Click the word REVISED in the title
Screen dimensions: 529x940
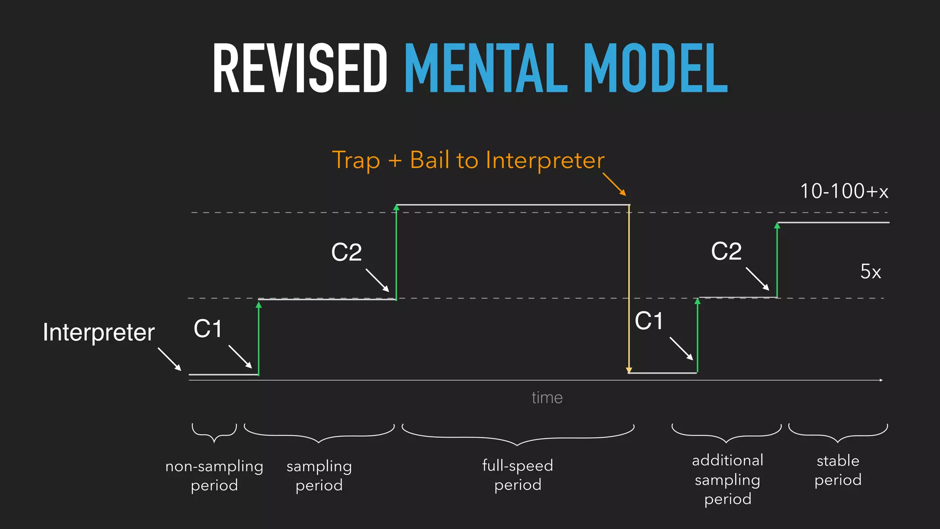pos(300,69)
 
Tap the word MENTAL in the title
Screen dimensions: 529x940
pos(486,69)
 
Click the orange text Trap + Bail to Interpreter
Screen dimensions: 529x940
pos(468,160)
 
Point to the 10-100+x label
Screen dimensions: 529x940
pos(844,191)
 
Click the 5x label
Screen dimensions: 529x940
pos(870,271)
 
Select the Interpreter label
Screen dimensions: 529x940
pos(99,332)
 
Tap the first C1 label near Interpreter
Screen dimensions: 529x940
pos(208,329)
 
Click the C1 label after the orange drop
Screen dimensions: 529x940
pos(649,321)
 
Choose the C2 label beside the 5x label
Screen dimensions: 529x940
pos(726,251)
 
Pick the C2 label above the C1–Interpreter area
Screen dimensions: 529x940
pos(347,252)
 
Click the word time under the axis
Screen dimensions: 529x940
pos(547,398)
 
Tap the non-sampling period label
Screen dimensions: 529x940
pos(214,475)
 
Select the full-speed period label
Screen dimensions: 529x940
pos(518,475)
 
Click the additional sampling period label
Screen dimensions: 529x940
pos(727,479)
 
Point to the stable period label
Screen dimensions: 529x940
pos(838,470)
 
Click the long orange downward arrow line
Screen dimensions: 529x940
pos(629,289)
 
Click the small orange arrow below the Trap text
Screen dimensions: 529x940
pos(614,184)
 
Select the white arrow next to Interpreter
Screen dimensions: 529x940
pos(169,359)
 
